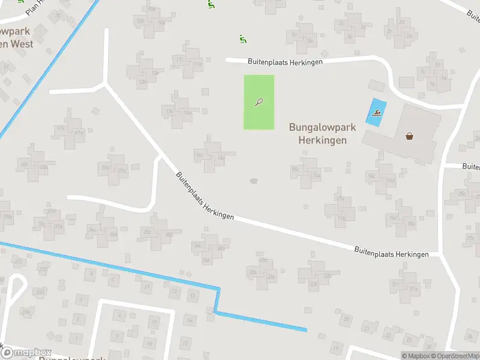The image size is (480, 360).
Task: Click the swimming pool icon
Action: point(376,112)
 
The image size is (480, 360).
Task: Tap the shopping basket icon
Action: point(410,136)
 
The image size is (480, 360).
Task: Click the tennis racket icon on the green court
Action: point(259,102)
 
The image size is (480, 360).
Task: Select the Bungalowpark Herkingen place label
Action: point(322,133)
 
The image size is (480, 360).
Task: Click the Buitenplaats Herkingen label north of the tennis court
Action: point(285,62)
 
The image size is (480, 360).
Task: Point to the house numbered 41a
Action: point(79,133)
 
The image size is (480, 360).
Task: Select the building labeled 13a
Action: point(187,112)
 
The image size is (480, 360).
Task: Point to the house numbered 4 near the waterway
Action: point(92,274)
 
